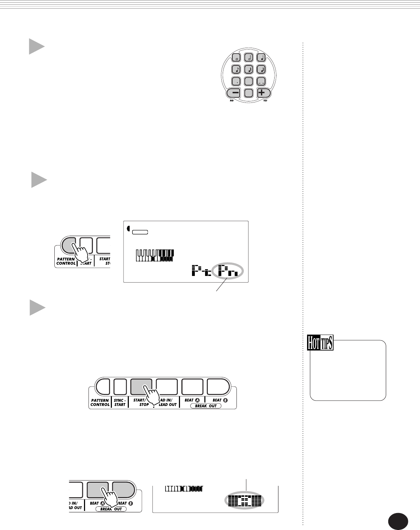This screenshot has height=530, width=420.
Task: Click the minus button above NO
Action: (234, 93)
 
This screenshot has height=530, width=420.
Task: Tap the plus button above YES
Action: (263, 93)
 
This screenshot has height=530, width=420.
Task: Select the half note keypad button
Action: (248, 58)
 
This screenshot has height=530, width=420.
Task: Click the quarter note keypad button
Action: (261, 58)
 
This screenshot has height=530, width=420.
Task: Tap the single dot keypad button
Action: (236, 82)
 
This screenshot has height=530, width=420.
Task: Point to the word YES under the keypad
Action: (265, 101)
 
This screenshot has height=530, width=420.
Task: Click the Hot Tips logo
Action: (320, 343)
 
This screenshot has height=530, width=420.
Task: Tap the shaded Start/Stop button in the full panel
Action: (141, 387)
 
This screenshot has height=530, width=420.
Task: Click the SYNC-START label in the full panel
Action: (120, 402)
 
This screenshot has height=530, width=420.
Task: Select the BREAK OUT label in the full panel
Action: (206, 406)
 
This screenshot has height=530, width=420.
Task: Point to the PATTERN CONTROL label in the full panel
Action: (100, 402)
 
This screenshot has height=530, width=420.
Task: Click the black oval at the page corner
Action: (398, 521)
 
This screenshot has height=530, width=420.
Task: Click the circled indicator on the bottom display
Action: (244, 501)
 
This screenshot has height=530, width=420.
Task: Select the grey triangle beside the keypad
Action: (36, 47)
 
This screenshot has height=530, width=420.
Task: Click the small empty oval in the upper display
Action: (140, 232)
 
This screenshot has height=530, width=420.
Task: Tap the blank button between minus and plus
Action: (248, 93)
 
